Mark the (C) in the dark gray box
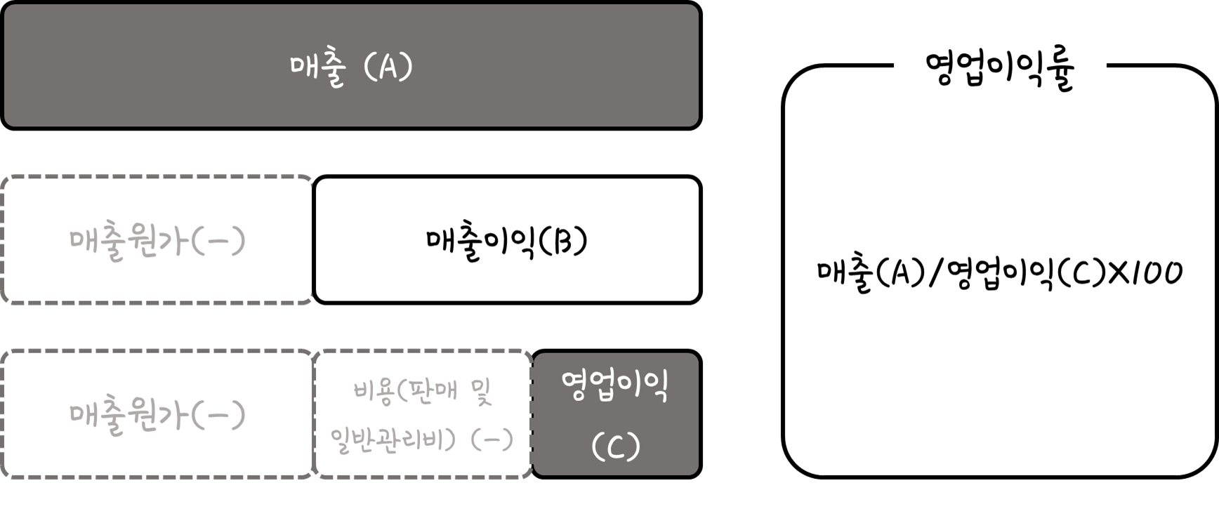(616, 446)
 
